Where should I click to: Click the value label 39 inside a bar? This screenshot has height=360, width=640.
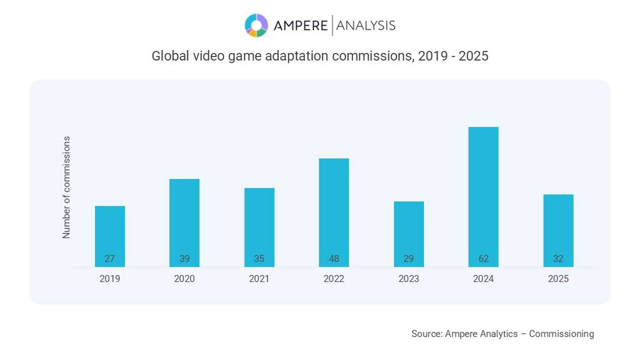point(184,259)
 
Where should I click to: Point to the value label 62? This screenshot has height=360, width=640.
point(484,259)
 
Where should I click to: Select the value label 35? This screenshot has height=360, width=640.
point(259,259)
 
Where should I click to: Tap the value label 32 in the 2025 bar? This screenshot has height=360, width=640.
point(558,259)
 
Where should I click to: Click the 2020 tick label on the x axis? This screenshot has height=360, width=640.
point(184,279)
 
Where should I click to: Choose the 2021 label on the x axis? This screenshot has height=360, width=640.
point(259,279)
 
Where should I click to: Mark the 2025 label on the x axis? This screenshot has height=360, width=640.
point(558,279)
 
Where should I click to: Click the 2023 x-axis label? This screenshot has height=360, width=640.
point(409,279)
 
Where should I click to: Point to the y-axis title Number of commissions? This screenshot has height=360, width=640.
point(66,187)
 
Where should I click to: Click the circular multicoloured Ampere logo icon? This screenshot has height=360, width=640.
point(256,26)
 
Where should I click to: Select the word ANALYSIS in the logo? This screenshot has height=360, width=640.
point(366,26)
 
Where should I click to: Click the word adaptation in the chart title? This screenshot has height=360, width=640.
point(297,56)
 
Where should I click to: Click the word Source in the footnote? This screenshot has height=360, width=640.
point(426,334)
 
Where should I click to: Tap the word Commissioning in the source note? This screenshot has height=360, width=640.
point(561,334)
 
